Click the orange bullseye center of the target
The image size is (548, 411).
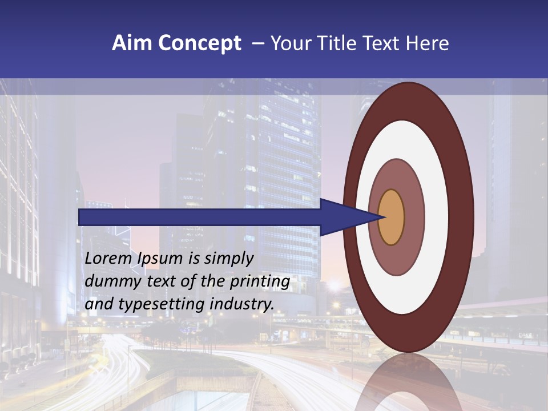(x=392, y=217)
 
